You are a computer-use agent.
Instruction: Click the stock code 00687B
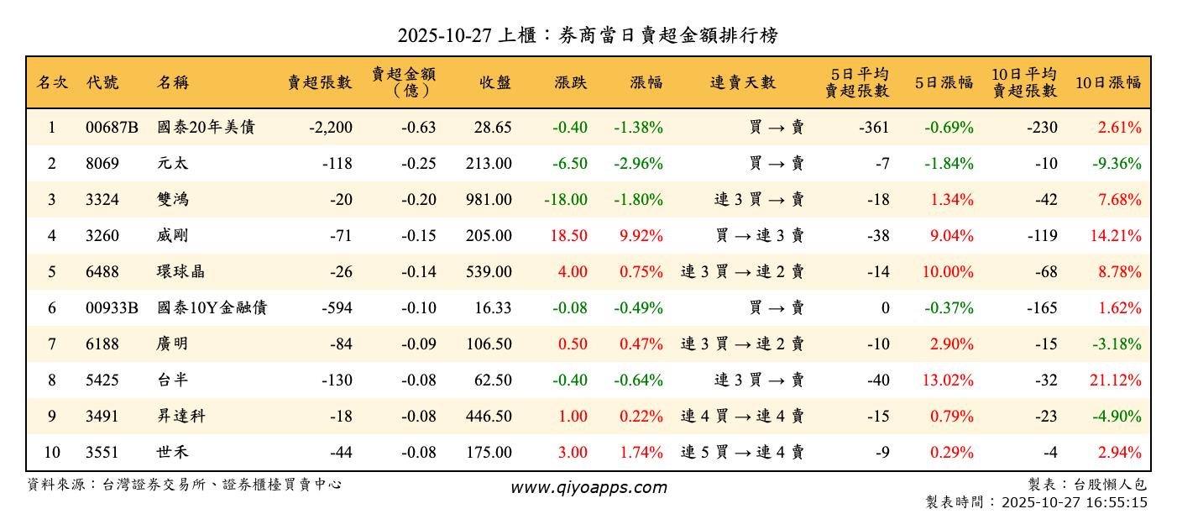[x=112, y=128]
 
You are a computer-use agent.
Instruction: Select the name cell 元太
[x=172, y=164]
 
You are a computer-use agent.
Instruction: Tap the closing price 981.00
[x=489, y=200]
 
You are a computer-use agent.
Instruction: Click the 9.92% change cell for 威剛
[x=641, y=236]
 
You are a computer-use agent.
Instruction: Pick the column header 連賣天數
[x=743, y=82]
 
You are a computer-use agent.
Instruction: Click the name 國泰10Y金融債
[x=212, y=308]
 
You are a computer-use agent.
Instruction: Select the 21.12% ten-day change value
[x=1116, y=380]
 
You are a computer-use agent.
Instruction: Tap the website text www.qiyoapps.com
[x=588, y=487]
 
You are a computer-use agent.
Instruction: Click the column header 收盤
[x=495, y=82]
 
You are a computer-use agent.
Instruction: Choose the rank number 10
[x=52, y=453]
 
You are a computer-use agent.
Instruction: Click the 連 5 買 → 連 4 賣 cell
[x=742, y=453]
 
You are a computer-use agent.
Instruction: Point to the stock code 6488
[x=102, y=272]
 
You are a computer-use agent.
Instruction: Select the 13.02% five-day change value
[x=949, y=380]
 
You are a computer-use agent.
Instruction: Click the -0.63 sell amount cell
[x=419, y=128]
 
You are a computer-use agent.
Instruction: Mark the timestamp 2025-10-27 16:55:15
[x=1074, y=502]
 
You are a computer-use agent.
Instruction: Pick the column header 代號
[x=102, y=82]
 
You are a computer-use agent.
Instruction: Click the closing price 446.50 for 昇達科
[x=489, y=417]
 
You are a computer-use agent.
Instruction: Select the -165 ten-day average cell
[x=1041, y=308]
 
